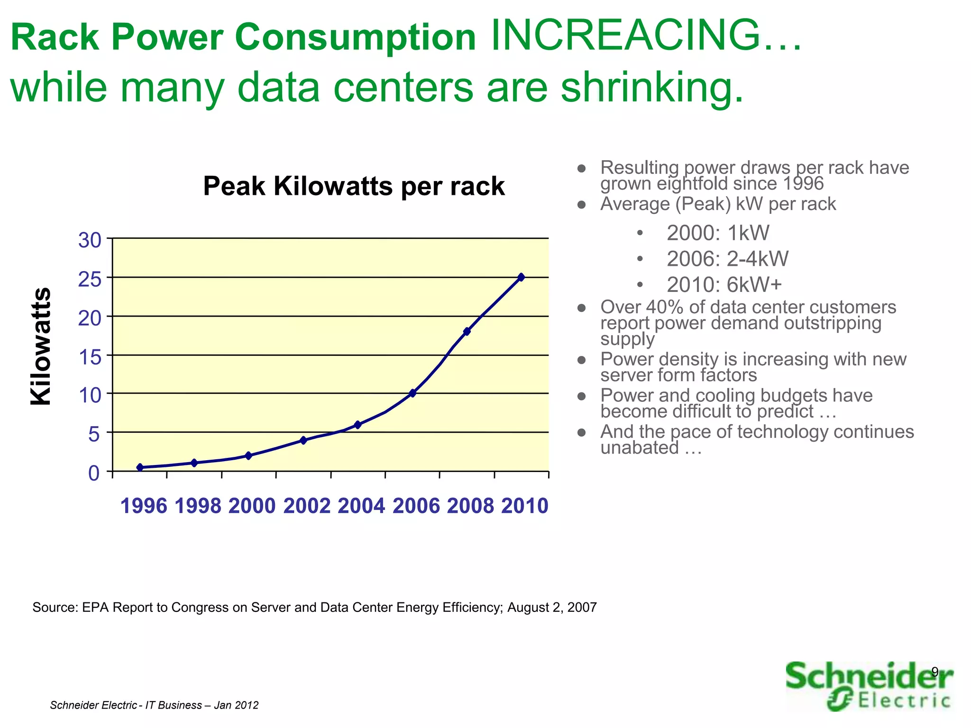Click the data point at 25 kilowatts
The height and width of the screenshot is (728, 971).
pyautogui.click(x=521, y=277)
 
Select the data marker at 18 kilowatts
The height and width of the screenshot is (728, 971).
pyautogui.click(x=467, y=331)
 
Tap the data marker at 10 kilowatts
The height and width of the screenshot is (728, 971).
pyautogui.click(x=412, y=393)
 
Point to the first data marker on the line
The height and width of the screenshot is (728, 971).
pyautogui.click(x=140, y=467)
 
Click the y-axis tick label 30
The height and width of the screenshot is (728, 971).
pyautogui.click(x=90, y=241)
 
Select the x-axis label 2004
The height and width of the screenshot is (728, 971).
pyautogui.click(x=361, y=506)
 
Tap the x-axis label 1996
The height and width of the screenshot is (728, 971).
pyautogui.click(x=144, y=506)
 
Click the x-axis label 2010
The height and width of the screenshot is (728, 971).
pyautogui.click(x=525, y=506)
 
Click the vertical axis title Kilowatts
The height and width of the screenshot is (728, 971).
pyautogui.click(x=41, y=346)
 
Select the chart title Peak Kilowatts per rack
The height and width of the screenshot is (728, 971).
pyautogui.click(x=354, y=186)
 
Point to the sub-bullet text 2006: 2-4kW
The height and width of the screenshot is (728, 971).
pyautogui.click(x=727, y=259)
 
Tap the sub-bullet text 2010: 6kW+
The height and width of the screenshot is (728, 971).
pyautogui.click(x=724, y=285)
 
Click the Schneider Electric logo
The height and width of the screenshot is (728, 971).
pyautogui.click(x=869, y=686)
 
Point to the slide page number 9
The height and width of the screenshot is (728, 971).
pyautogui.click(x=934, y=672)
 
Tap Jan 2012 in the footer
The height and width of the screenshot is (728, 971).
pyautogui.click(x=236, y=705)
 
